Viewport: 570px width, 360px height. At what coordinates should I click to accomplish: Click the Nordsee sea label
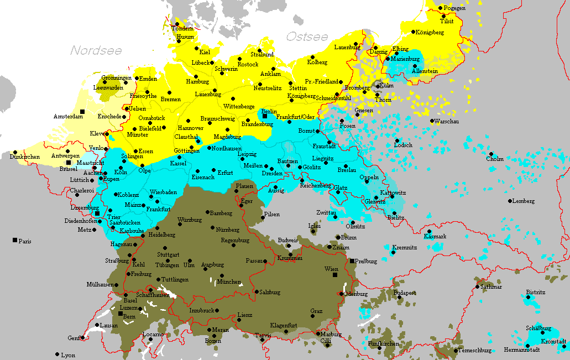coord(96,50)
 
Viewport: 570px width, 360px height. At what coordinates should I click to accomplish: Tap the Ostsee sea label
coord(307,36)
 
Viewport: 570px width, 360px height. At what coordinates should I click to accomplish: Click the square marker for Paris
coord(14,241)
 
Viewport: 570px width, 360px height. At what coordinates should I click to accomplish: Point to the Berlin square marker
coord(264,116)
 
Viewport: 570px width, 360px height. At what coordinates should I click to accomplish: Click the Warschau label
coord(447,121)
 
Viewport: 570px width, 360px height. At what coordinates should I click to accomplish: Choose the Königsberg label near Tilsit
coord(430,33)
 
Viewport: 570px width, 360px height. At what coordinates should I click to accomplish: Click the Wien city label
coord(331,269)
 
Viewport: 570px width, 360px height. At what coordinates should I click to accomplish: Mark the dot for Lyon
coord(57,354)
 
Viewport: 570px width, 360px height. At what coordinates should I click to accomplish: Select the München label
coord(228,281)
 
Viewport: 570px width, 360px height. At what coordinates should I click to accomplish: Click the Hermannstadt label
coord(521,349)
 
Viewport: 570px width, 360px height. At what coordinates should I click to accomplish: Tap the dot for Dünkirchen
coord(15,152)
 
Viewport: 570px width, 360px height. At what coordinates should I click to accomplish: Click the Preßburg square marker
coord(352,260)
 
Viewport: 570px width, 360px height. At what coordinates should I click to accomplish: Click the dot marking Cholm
coord(490,154)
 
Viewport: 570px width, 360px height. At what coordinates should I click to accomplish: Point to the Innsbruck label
coord(201,310)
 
